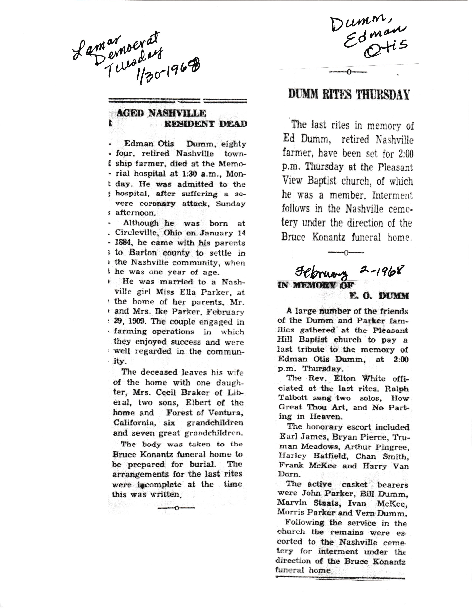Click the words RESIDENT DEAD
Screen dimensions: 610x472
click(x=205, y=124)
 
